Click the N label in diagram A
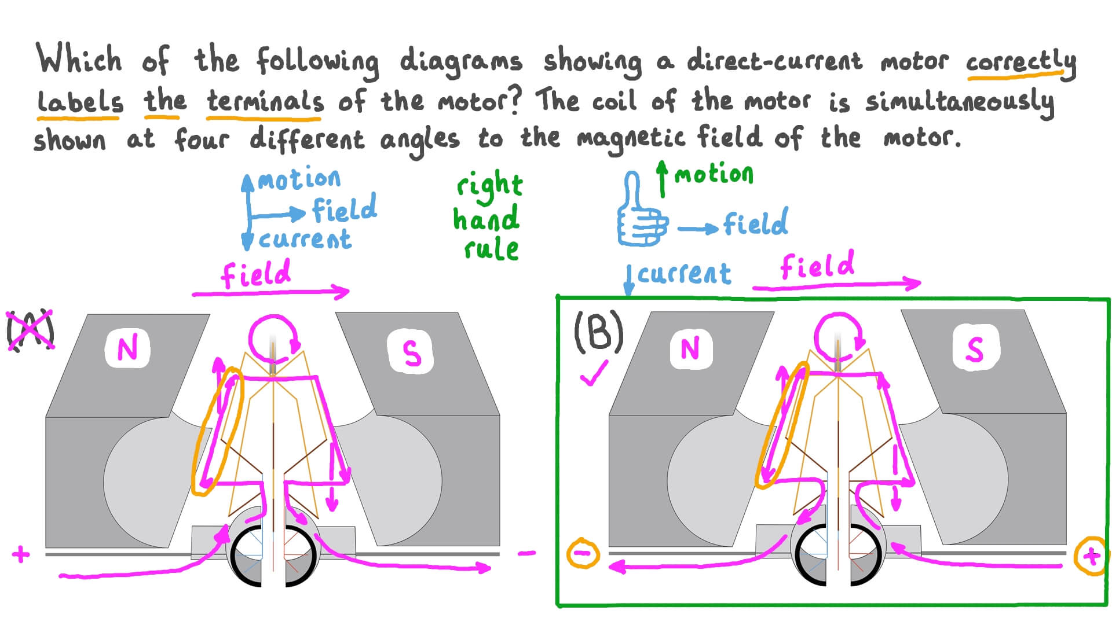click(x=127, y=348)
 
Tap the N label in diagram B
click(x=690, y=348)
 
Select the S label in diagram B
click(x=975, y=348)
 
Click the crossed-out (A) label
click(x=30, y=330)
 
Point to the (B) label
click(x=598, y=331)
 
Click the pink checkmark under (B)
click(x=594, y=373)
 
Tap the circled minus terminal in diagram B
click(x=583, y=554)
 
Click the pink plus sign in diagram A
click(x=21, y=554)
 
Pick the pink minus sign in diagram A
click(x=526, y=553)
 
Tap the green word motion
click(x=714, y=173)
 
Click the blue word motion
click(x=299, y=179)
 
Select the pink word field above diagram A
click(x=256, y=274)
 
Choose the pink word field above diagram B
click(x=817, y=266)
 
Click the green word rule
click(x=491, y=249)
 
